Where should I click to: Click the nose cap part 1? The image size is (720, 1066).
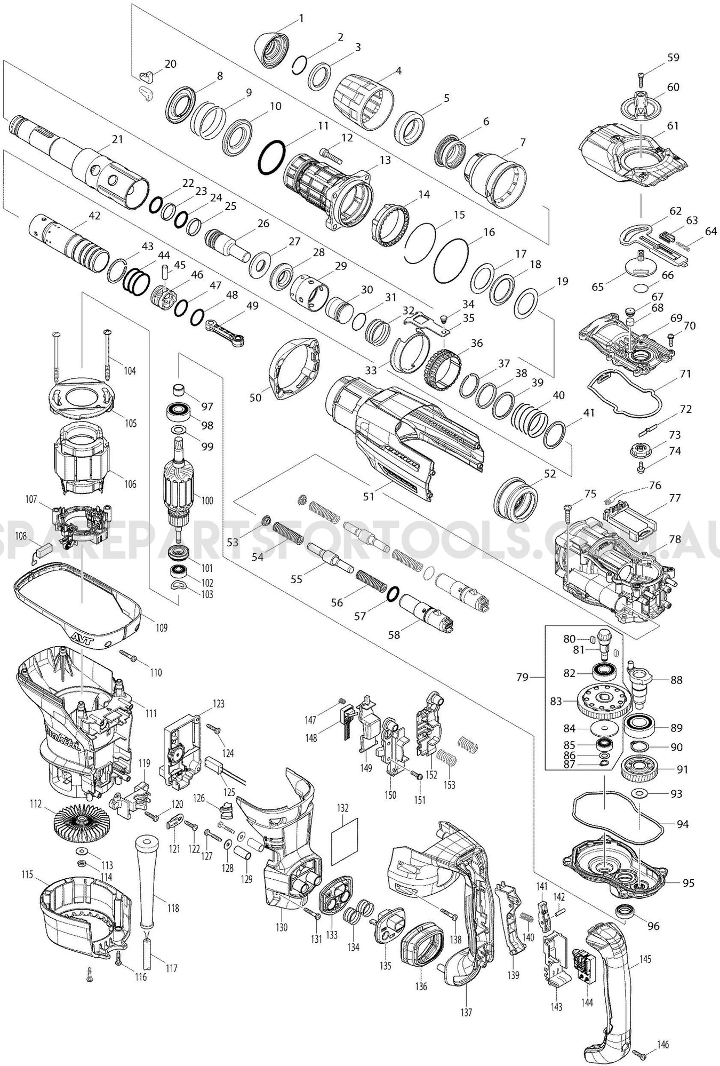(272, 48)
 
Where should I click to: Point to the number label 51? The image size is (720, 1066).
(369, 496)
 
